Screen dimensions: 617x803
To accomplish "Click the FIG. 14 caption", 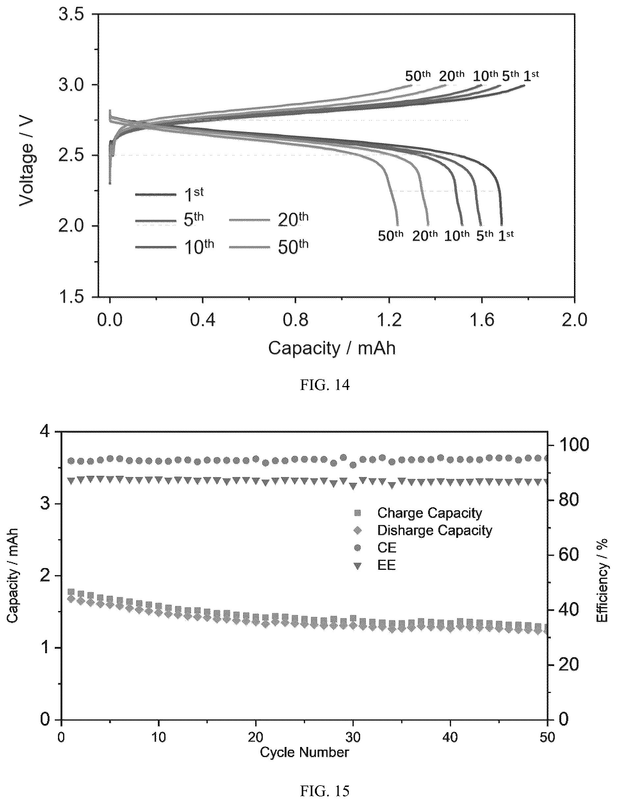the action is coord(325,385).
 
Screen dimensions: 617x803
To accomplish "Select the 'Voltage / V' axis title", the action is coord(26,162).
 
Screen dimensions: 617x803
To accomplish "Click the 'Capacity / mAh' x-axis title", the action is coord(332,348).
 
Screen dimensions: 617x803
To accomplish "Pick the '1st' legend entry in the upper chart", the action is coord(170,194).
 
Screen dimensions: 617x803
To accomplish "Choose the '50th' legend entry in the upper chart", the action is coord(269,247).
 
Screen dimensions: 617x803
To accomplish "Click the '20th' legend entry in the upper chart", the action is coord(269,219).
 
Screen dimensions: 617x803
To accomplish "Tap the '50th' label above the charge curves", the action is coord(418,76).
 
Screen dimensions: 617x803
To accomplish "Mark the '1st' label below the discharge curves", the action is coord(506,235).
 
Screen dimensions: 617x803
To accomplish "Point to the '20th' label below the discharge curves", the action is coord(425,235).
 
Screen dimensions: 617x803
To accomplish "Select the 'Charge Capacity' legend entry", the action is coord(418,513).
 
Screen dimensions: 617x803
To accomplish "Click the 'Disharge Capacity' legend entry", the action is coord(422,530).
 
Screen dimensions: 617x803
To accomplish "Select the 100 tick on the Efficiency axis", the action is coord(574,445).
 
